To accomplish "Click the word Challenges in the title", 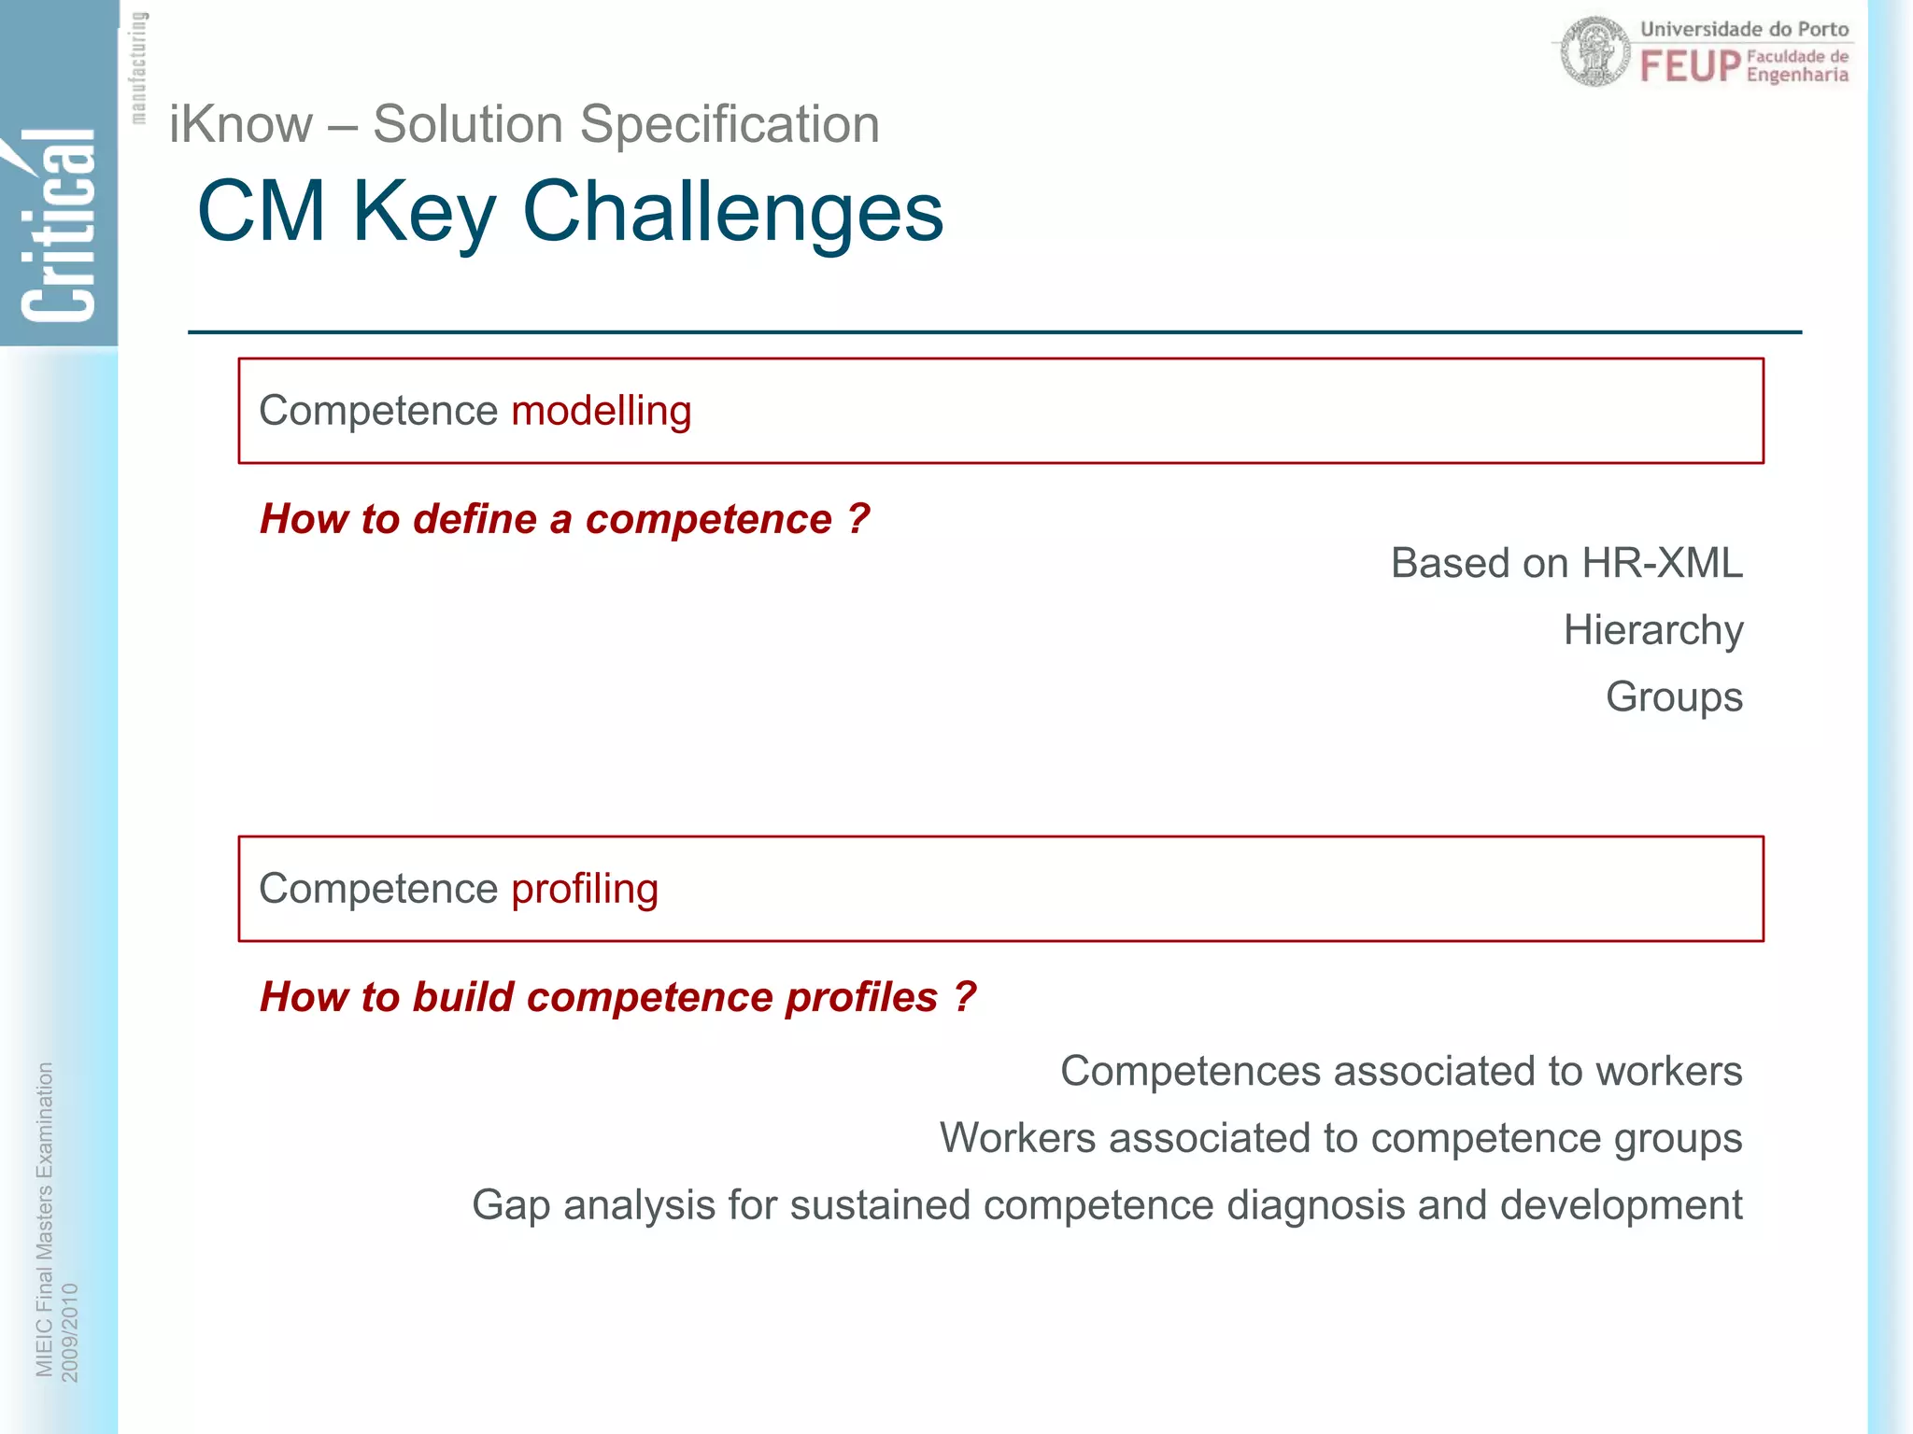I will (x=732, y=213).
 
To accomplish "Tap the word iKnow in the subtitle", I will (x=241, y=125).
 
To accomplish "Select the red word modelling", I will (x=601, y=412).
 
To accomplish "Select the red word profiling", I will (x=584, y=890).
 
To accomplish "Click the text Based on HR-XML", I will (x=1566, y=564).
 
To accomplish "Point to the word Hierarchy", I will (x=1652, y=631).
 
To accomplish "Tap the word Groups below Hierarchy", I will (x=1673, y=697).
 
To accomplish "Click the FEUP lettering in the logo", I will (x=1690, y=67).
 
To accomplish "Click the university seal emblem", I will (x=1594, y=52).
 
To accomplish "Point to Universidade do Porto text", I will (x=1744, y=29).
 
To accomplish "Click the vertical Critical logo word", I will (x=58, y=229).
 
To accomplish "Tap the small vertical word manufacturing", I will (x=138, y=67).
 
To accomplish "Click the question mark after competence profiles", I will (x=965, y=997).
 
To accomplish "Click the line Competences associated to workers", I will (x=1400, y=1072).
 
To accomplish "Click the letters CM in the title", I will (x=261, y=213).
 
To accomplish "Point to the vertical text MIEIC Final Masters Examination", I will (x=44, y=1218).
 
